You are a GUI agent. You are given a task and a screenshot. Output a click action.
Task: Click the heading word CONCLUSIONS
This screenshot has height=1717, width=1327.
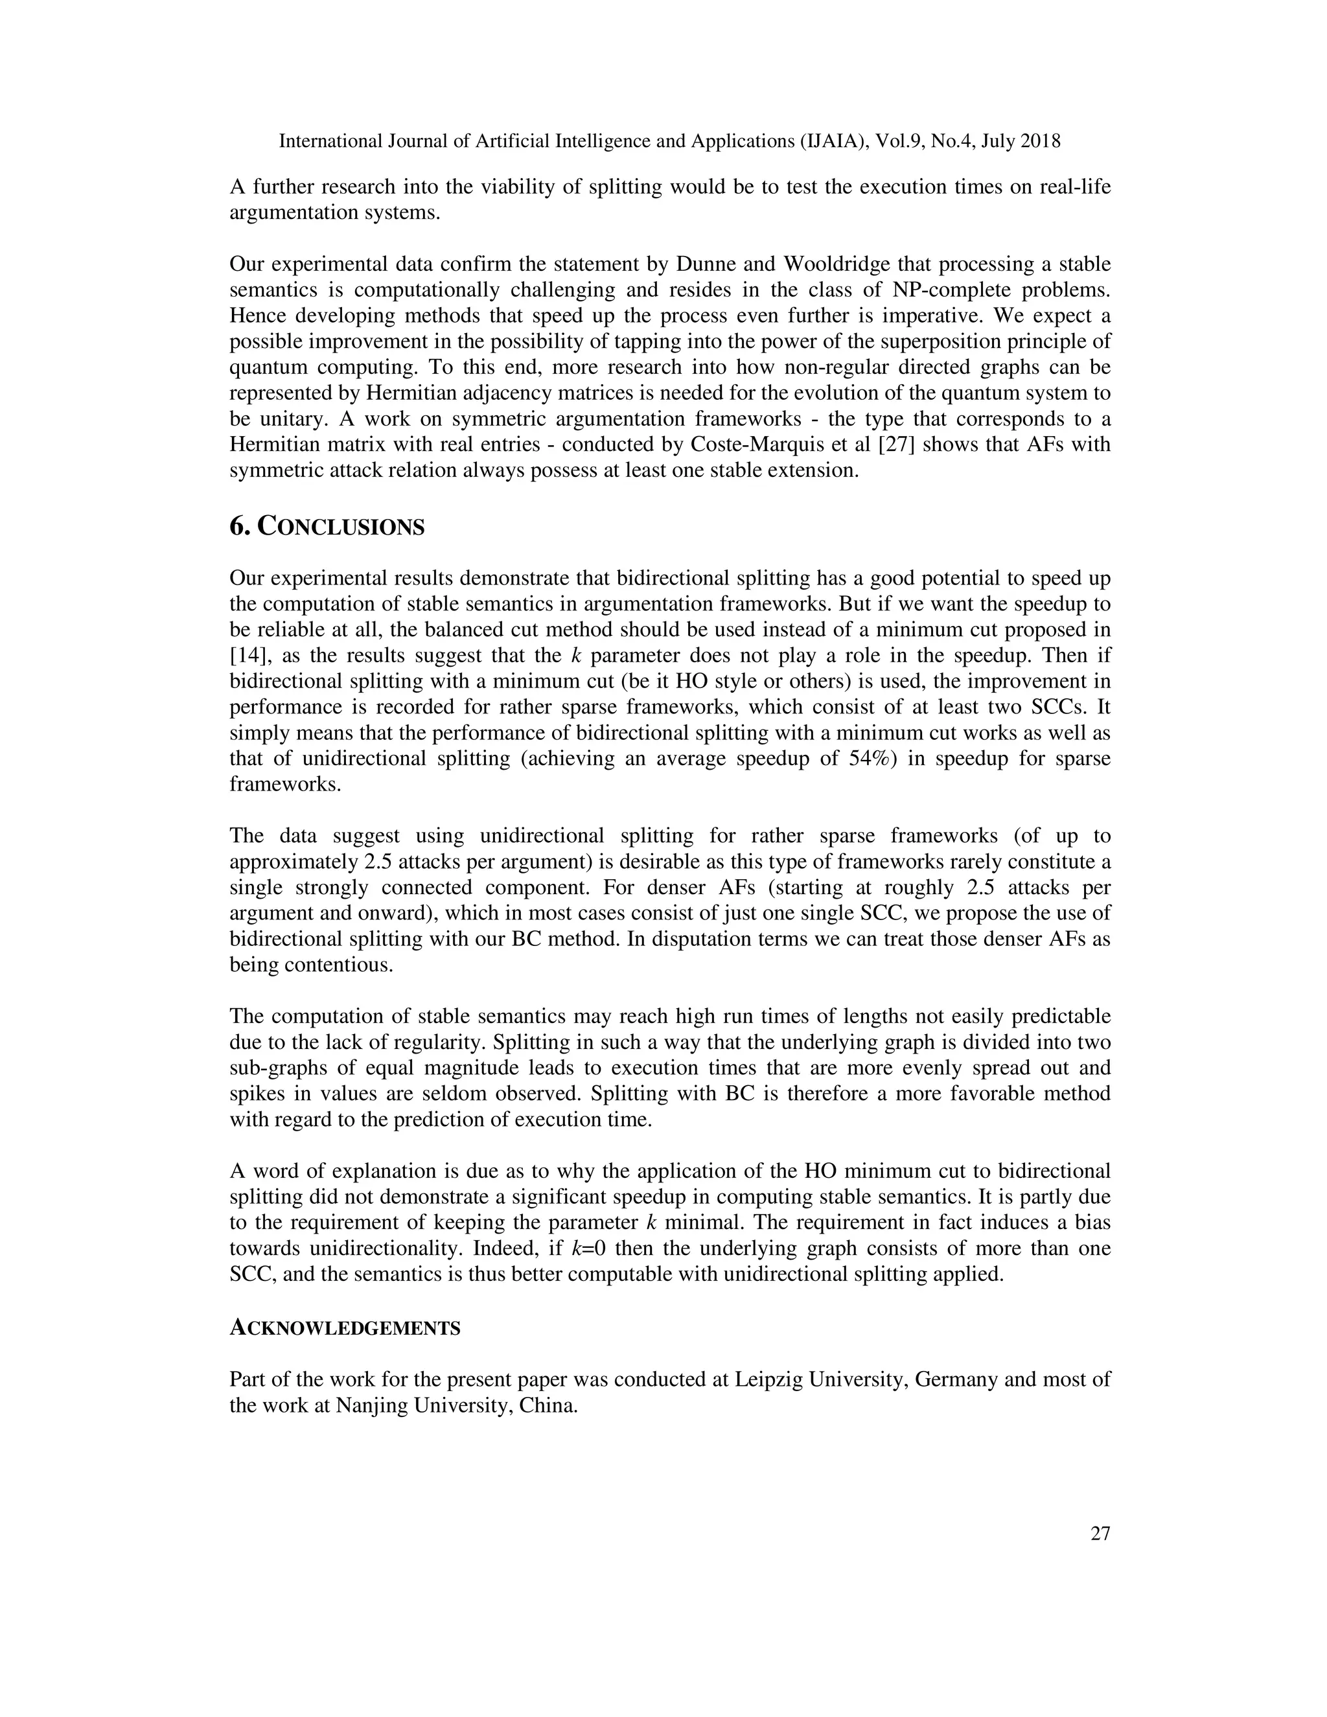pyautogui.click(x=341, y=527)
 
